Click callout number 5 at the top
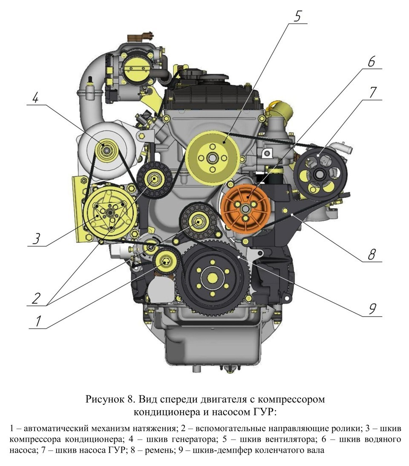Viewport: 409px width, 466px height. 297,16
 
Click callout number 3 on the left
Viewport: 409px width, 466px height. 37,238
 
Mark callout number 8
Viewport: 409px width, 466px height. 372,254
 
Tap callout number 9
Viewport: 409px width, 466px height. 372,309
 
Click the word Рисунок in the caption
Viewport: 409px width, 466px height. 107,400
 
